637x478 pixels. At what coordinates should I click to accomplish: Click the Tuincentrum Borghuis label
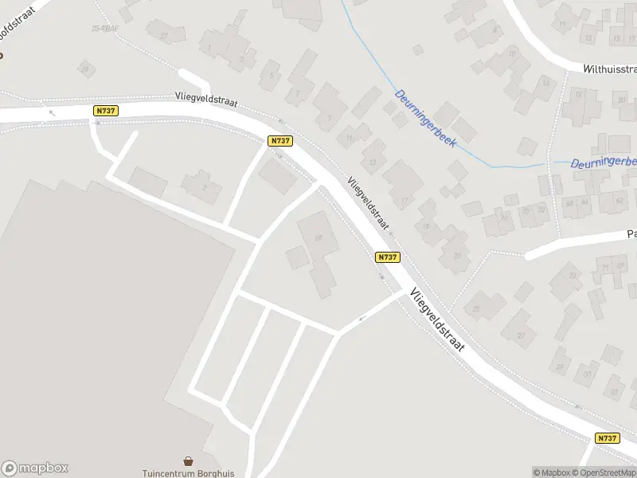click(x=188, y=472)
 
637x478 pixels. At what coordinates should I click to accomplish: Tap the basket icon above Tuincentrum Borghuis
click(x=189, y=460)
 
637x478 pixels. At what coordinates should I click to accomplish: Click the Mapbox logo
click(x=35, y=468)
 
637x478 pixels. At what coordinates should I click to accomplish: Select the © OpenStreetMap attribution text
click(x=603, y=472)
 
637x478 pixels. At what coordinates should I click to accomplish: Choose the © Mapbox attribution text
click(x=551, y=472)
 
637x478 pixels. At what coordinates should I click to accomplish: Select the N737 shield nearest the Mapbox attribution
click(x=607, y=438)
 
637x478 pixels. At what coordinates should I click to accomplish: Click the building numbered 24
click(x=319, y=238)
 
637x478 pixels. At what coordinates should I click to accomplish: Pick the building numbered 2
click(x=205, y=187)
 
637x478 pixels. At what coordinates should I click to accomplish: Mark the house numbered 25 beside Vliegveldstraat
click(x=478, y=308)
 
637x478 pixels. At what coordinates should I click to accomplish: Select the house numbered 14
click(x=545, y=84)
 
